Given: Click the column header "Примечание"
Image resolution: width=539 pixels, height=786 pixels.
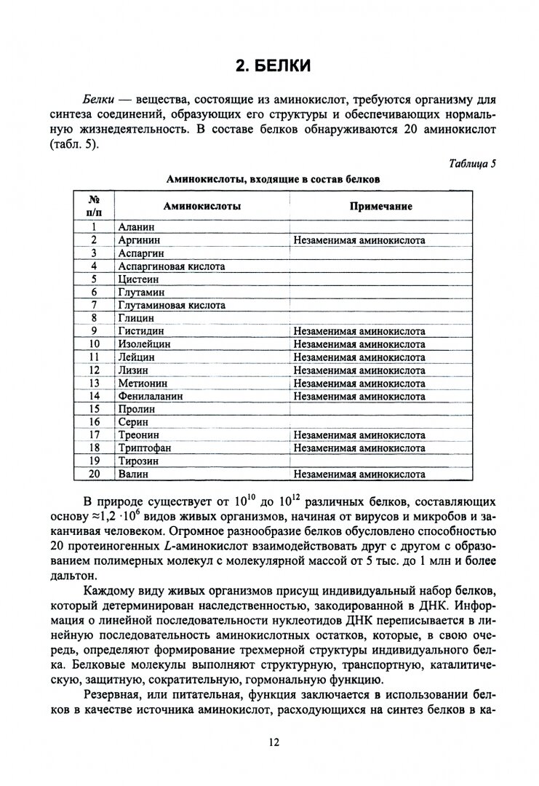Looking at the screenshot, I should pos(380,207).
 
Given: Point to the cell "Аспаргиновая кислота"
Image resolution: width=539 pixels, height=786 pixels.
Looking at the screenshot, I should pos(171,266).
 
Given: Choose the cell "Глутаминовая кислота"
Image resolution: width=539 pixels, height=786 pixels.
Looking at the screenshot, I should pos(171,305).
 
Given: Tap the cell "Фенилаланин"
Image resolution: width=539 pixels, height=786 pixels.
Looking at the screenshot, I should pos(150,397).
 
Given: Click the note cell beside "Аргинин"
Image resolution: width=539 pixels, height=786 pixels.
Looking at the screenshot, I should pos(359,239).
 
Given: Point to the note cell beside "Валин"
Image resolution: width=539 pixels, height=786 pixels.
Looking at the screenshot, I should pos(359,475).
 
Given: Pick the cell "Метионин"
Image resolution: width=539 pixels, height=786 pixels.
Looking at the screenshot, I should pos(142,384).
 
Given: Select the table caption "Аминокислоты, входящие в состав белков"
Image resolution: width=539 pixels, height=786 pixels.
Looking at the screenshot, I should pos(272,178).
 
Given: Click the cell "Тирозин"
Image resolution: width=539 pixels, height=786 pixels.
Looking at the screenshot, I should pos(138,461).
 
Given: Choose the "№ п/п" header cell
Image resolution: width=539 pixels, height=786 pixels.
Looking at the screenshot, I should pos(94,207).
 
